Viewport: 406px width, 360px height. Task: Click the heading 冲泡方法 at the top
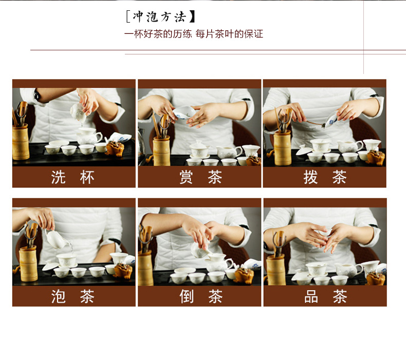pos(160,17)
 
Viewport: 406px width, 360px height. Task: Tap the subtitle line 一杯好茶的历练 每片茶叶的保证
pos(193,34)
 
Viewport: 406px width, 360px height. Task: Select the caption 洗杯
pos(73,177)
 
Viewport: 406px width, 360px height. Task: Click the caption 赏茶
pos(200,177)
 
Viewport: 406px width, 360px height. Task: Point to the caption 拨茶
pos(325,177)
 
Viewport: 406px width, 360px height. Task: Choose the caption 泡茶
pos(73,297)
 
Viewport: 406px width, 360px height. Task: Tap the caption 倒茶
pos(201,297)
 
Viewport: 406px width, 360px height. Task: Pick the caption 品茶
pos(325,297)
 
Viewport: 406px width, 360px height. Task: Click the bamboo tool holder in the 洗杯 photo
pos(21,142)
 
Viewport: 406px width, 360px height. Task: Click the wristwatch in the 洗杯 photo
pos(36,95)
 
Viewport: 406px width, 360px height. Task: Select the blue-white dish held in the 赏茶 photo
pos(184,112)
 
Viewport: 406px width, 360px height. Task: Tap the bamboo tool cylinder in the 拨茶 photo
pos(283,148)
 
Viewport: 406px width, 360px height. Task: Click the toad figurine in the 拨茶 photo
pos(376,157)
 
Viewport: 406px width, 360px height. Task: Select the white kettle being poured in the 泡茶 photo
pos(57,239)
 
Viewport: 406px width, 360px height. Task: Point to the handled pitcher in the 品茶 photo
pos(348,270)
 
